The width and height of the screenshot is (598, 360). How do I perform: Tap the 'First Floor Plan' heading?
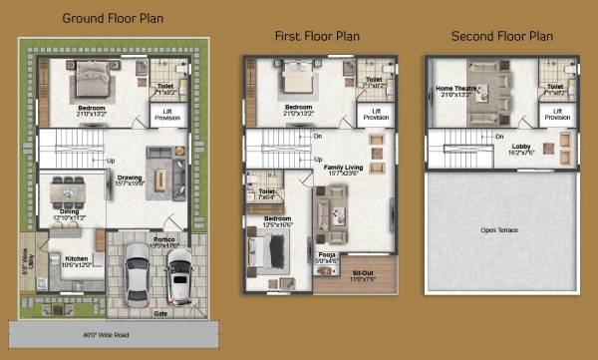317,36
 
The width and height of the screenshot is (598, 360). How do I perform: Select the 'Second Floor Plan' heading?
501,36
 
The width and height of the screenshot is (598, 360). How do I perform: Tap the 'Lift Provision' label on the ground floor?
165,116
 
